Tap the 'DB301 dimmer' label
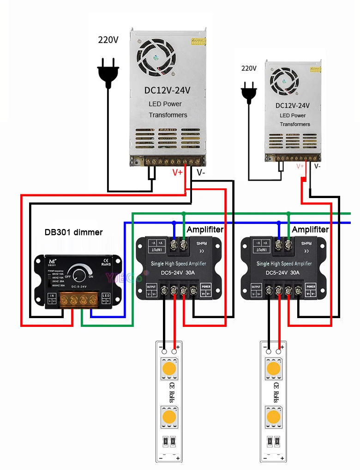pos(73,232)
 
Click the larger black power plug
pos(108,74)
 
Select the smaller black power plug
pos(249,91)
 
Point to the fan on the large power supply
pos(156,57)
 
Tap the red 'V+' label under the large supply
pos(178,173)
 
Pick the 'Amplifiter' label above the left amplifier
pos(205,229)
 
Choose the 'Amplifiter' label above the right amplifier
pos(310,229)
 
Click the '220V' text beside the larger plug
pos(108,40)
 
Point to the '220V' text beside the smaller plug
pos(249,68)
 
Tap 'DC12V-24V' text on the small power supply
pos(293,105)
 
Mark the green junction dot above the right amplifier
pos(288,214)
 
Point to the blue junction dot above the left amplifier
pos(174,223)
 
